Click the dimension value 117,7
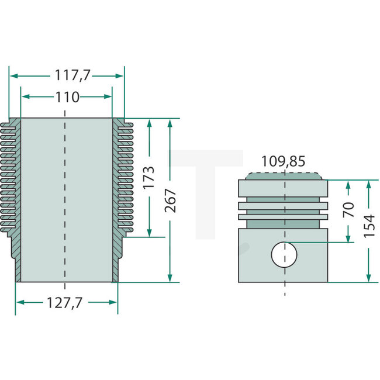click(67, 75)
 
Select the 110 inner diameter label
click(67, 97)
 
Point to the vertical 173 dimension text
click(148, 178)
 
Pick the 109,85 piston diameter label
click(283, 161)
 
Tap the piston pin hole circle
click(284, 254)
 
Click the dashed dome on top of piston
click(284, 175)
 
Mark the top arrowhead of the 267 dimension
click(170, 122)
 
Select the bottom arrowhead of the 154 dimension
click(369, 279)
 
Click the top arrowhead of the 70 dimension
click(348, 184)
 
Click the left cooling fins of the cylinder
click(12, 175)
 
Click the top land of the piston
click(284, 188)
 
